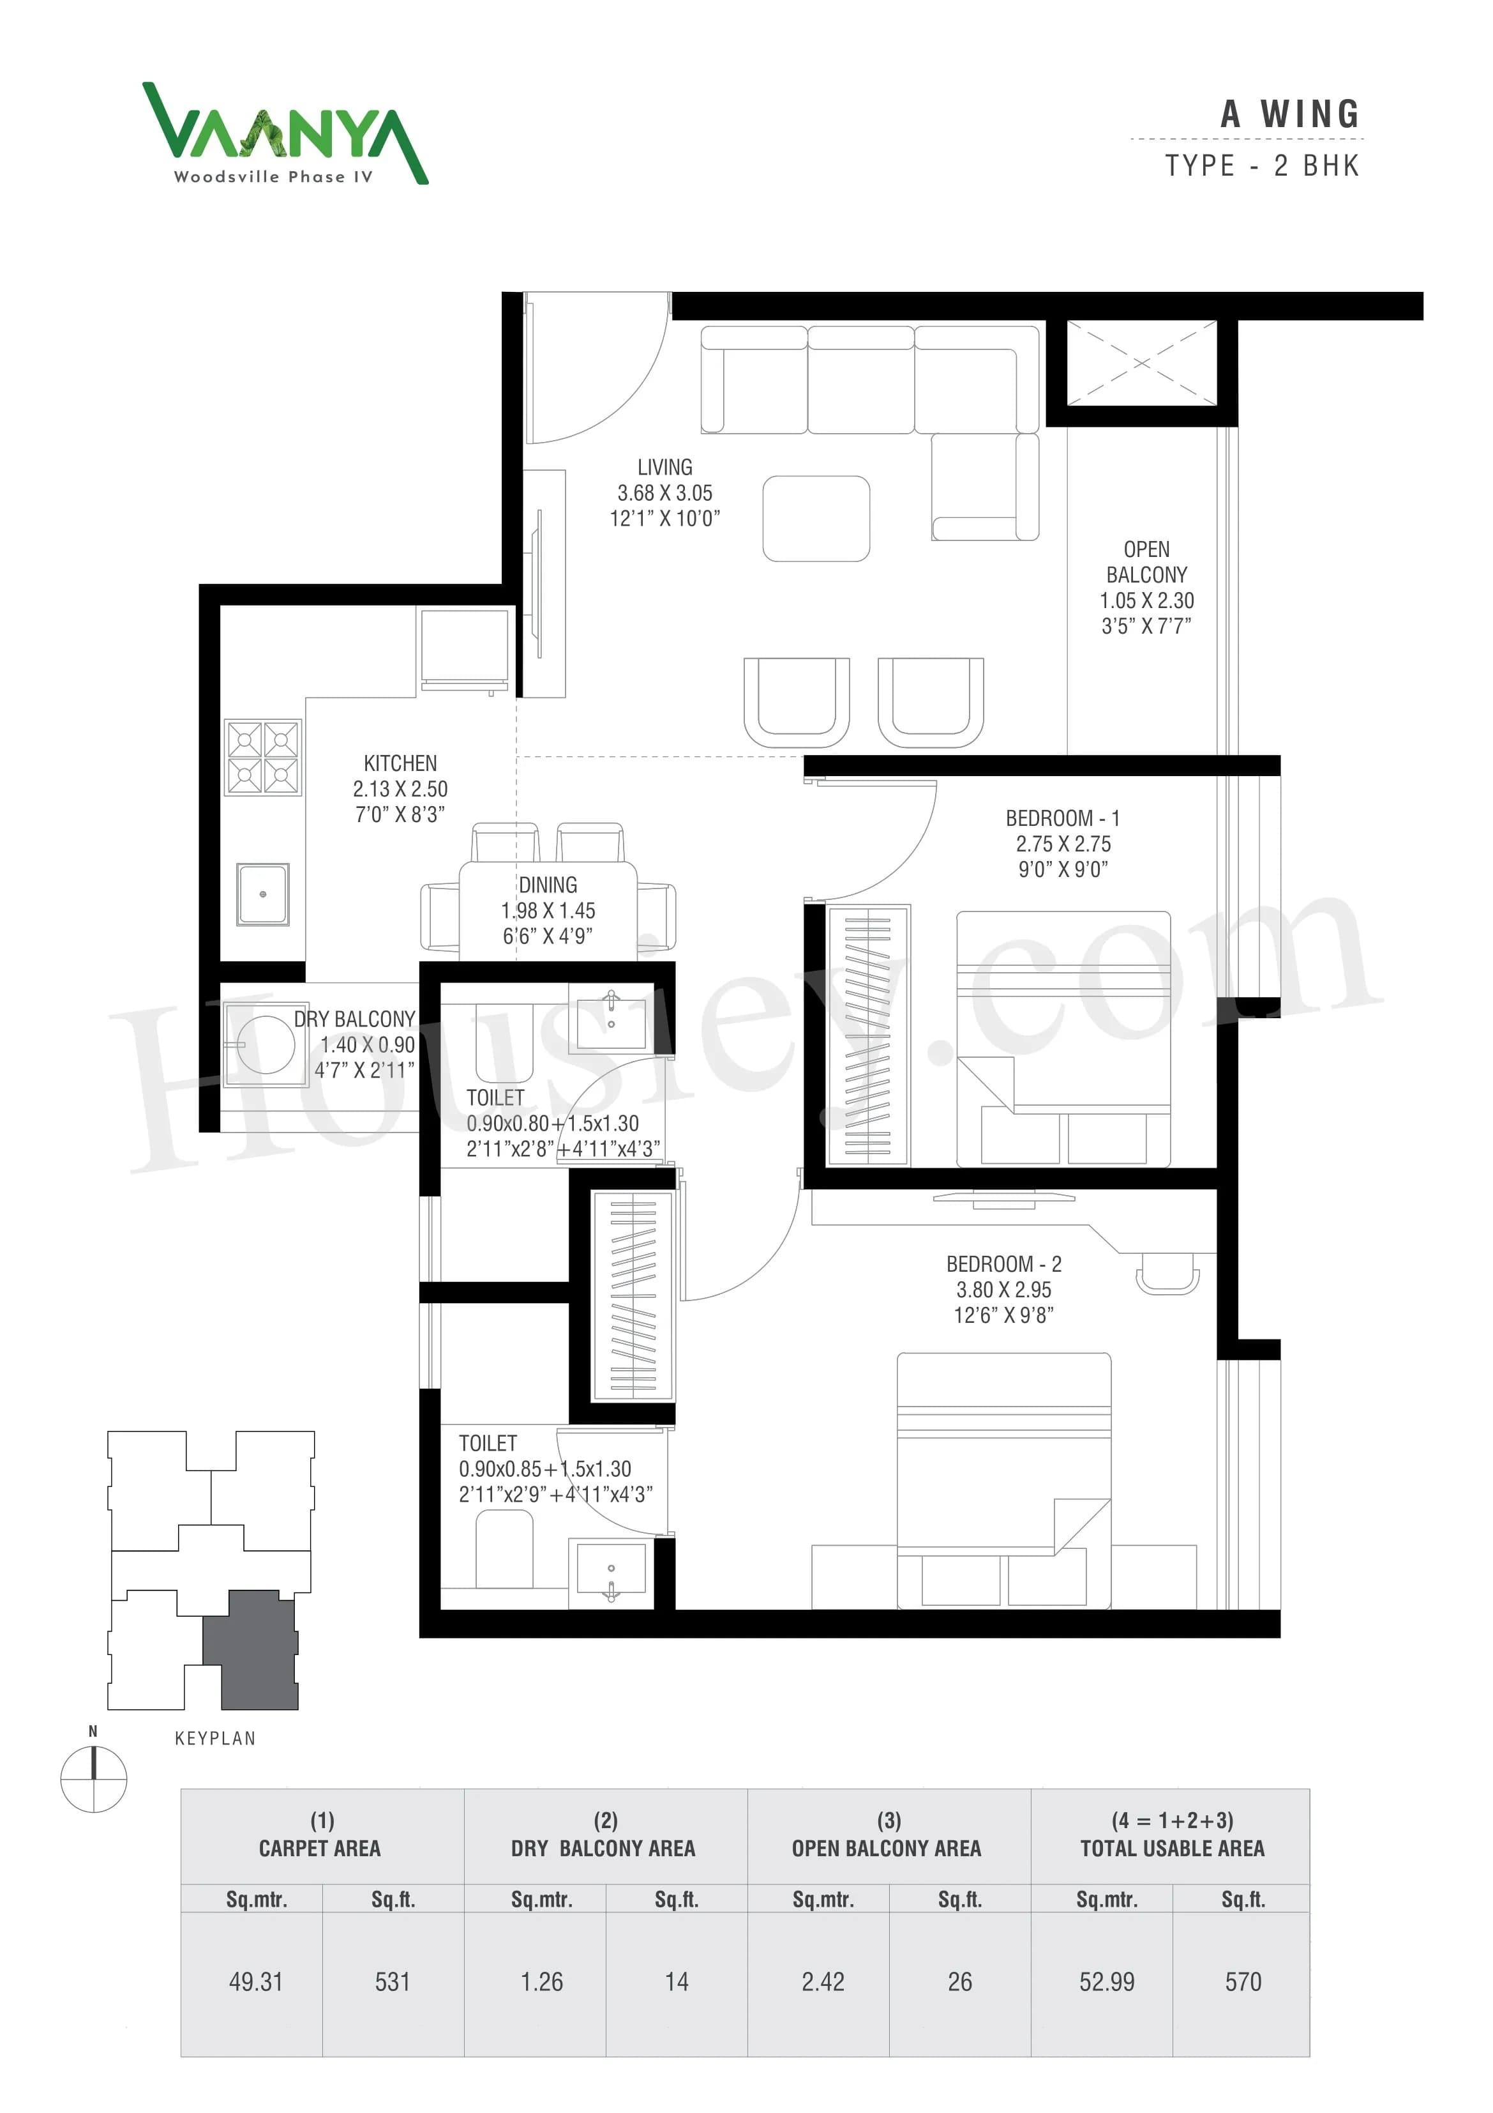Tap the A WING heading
click(x=1290, y=115)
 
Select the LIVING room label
click(x=664, y=468)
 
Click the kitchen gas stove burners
click(x=263, y=758)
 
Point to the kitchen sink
click(x=263, y=894)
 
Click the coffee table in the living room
click(x=816, y=518)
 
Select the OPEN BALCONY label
click(x=1146, y=561)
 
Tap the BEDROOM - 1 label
click(x=1063, y=818)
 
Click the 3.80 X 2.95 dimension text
click(x=1003, y=1290)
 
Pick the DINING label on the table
click(x=548, y=885)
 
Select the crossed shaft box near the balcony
click(x=1141, y=363)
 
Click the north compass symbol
click(x=93, y=1780)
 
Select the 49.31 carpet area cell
click(x=256, y=1981)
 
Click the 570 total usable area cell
click(x=1243, y=1981)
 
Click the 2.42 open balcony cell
click(x=822, y=1981)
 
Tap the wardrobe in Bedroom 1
click(x=867, y=1035)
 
